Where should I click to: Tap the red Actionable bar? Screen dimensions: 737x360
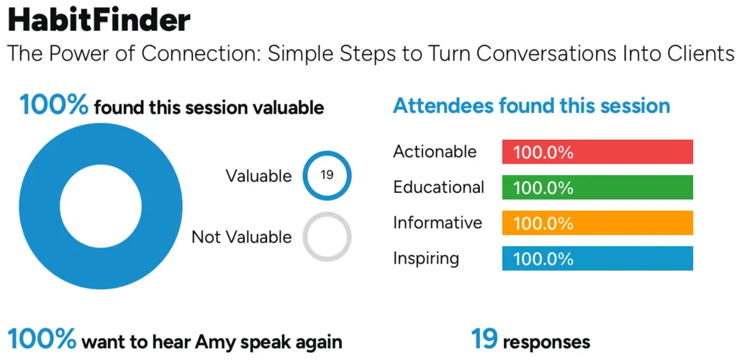point(597,152)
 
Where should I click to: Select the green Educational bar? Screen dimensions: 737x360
point(597,187)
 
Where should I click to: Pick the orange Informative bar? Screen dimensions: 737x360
point(597,222)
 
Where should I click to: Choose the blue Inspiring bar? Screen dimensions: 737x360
point(597,258)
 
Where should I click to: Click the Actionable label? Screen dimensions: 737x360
point(435,151)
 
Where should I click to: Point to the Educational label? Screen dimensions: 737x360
point(438,187)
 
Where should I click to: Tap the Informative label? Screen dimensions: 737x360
point(438,222)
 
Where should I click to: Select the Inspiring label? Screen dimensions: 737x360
point(426,258)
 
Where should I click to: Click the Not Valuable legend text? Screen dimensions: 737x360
point(242,237)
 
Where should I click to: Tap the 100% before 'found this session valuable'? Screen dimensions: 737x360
point(53,105)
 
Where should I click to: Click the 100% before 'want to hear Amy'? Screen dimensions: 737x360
point(41,339)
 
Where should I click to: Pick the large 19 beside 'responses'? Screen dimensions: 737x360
point(484,339)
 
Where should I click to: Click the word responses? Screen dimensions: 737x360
point(547,343)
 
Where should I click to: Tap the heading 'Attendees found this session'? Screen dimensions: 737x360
point(532,105)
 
